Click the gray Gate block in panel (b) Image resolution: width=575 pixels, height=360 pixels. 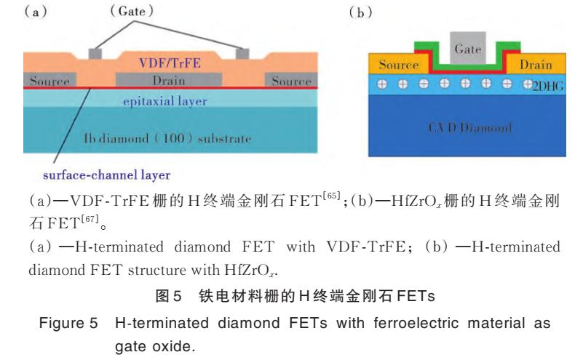(468, 48)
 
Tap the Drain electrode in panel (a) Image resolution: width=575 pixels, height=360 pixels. (169, 80)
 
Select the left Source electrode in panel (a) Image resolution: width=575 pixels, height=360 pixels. (50, 80)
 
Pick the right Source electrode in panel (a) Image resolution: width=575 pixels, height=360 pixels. (292, 80)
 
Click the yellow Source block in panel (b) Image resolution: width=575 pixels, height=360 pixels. (399, 64)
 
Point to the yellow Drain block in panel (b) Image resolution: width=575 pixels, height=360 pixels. (536, 64)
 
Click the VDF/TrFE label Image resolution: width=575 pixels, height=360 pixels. (170, 63)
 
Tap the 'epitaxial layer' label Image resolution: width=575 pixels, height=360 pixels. (165, 101)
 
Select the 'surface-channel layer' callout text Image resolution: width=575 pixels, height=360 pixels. (107, 175)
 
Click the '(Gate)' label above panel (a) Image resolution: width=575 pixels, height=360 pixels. (132, 11)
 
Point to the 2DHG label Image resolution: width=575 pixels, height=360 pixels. (548, 86)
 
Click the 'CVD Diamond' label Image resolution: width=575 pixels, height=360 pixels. (469, 127)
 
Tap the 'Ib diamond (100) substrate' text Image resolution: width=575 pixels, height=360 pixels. (167, 138)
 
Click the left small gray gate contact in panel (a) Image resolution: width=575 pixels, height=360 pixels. (95, 54)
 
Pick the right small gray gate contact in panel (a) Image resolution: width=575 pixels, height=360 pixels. (242, 54)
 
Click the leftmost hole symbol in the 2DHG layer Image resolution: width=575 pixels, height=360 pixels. (382, 84)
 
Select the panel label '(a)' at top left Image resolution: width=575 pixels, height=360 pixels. (36, 12)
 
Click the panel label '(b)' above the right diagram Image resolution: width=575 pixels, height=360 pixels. (360, 12)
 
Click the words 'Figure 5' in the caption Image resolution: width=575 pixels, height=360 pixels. (68, 323)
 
